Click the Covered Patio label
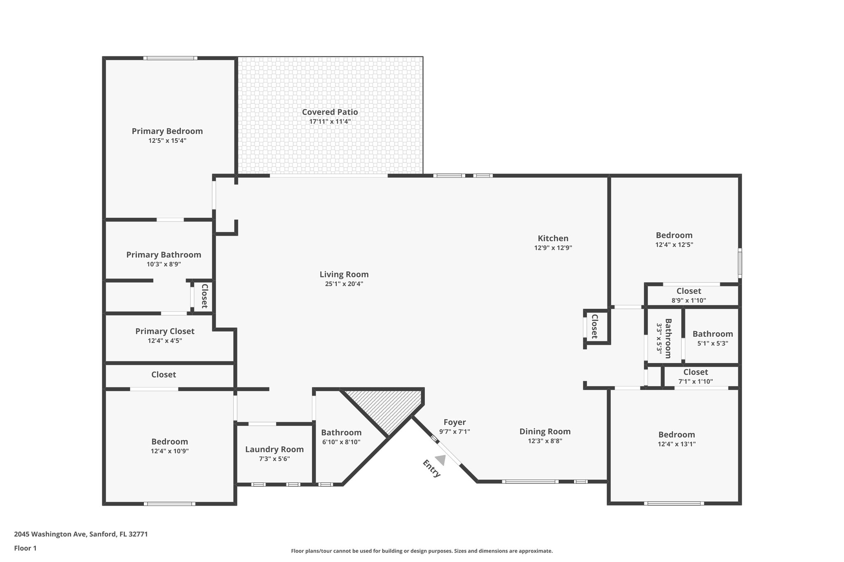[330, 112]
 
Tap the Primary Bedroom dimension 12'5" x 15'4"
[167, 140]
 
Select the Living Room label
[344, 275]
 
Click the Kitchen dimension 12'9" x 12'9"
[553, 248]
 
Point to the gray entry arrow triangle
[441, 460]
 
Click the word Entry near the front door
[431, 469]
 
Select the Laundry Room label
[274, 450]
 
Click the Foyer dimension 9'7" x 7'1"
[455, 431]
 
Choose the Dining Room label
[545, 431]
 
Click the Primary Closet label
[165, 331]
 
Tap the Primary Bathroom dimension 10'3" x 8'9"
[164, 264]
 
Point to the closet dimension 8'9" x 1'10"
[689, 301]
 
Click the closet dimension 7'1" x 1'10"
[696, 382]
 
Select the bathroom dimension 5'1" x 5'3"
[713, 343]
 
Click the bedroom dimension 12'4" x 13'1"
[677, 444]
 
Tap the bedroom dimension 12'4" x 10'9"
[169, 451]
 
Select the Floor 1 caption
[25, 548]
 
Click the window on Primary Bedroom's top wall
[170, 58]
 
